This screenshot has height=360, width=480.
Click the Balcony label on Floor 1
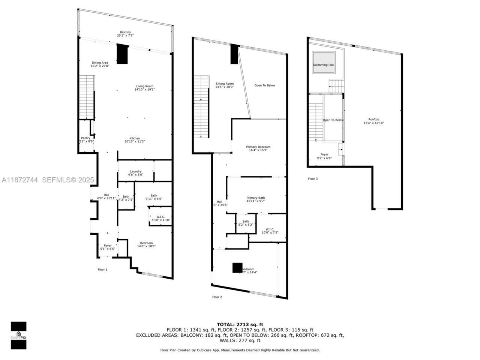click(x=125, y=34)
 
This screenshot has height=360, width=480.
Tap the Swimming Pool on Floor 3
click(x=324, y=64)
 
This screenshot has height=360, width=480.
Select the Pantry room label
click(x=86, y=139)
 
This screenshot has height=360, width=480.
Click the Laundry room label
click(x=135, y=173)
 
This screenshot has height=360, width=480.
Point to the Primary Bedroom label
click(x=258, y=148)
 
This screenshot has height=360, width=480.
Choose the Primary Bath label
click(x=256, y=199)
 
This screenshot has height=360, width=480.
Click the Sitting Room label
click(x=224, y=85)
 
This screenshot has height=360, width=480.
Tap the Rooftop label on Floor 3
click(x=373, y=121)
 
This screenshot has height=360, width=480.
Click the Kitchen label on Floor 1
click(x=135, y=139)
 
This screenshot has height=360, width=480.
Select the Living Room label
click(x=144, y=88)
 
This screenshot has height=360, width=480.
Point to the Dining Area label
click(x=100, y=64)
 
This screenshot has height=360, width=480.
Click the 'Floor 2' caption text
click(x=217, y=297)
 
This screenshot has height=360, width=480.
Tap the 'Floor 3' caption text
click(x=313, y=178)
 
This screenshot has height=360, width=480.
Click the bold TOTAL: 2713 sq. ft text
click(x=240, y=324)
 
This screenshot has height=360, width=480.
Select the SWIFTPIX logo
click(x=18, y=335)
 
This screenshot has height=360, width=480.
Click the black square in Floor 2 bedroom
click(x=237, y=268)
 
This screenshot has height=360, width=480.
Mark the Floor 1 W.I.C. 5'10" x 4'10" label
click(x=160, y=218)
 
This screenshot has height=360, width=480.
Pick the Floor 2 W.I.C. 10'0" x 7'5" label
click(x=270, y=231)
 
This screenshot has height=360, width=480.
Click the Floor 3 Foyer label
click(x=324, y=156)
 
